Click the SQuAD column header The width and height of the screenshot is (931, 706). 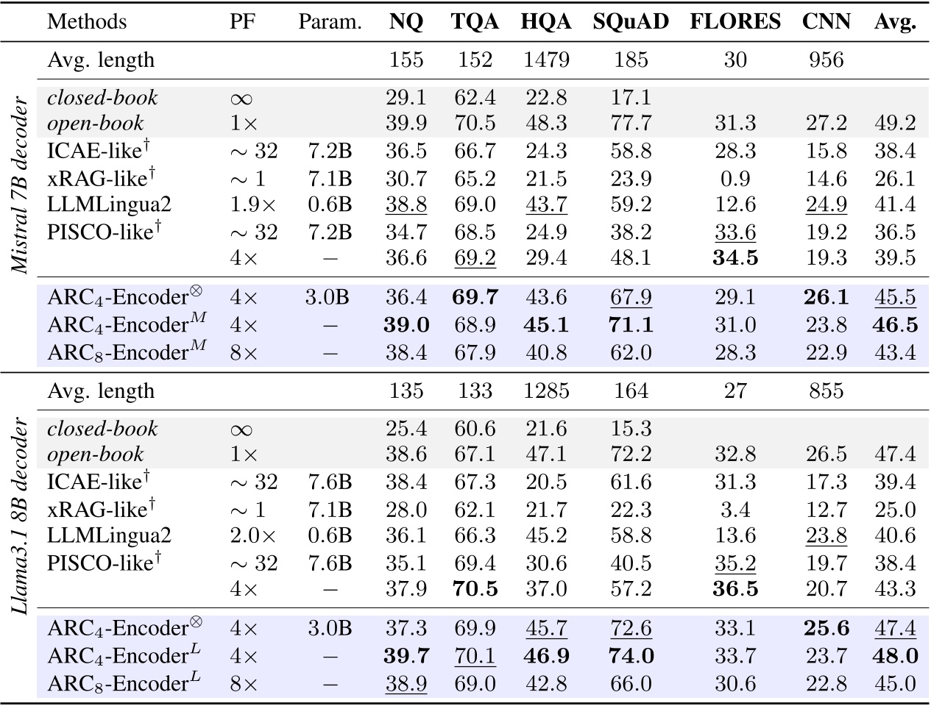pos(630,21)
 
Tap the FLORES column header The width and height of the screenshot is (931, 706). pos(734,21)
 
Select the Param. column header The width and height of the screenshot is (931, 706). pos(330,22)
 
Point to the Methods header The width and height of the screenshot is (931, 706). pos(87,21)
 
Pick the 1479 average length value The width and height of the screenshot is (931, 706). pos(545,59)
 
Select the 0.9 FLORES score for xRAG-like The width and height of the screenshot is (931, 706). pos(734,178)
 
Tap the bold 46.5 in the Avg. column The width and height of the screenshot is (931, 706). pos(895,324)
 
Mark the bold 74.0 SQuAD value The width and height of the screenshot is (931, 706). pos(630,655)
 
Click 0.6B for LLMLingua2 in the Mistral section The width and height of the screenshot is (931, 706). pos(330,205)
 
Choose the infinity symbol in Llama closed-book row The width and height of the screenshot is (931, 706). pos(244,429)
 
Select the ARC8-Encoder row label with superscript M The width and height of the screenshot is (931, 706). pos(124,352)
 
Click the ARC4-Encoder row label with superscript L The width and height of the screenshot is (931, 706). pos(124,655)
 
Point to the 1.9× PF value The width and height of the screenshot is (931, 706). pos(244,205)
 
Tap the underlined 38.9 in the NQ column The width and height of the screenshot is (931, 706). pos(406,683)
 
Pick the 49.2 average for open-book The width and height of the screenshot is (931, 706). pos(895,124)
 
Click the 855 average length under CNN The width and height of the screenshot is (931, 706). pos(826,391)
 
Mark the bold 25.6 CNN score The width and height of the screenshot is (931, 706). pos(826,628)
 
